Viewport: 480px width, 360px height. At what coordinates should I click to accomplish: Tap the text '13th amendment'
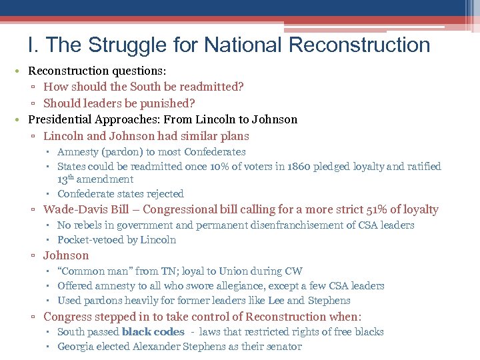pos(95,179)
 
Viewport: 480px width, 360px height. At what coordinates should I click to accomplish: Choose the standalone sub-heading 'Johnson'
pos(65,255)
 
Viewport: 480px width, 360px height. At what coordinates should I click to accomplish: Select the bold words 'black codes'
pos(153,332)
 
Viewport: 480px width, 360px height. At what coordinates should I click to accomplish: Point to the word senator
pos(283,347)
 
